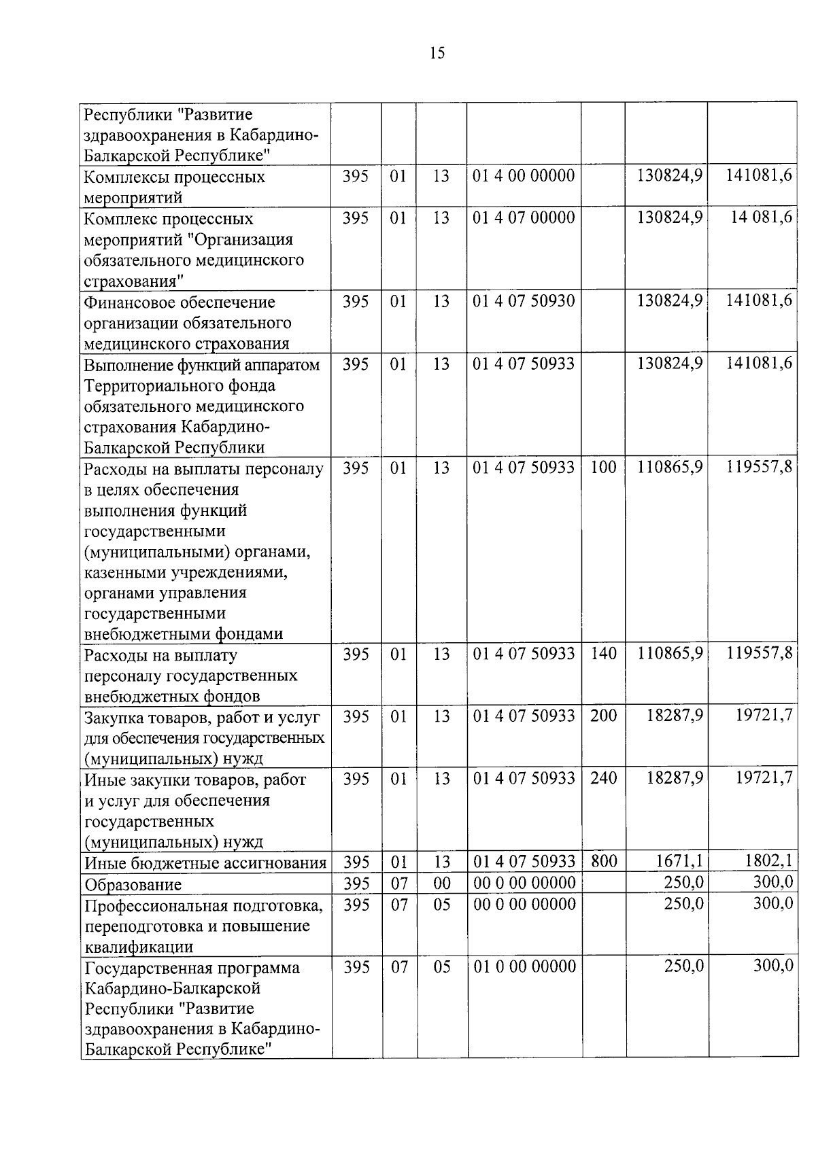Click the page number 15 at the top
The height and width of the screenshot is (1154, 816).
pyautogui.click(x=437, y=53)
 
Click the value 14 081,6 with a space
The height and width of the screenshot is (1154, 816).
pyautogui.click(x=761, y=218)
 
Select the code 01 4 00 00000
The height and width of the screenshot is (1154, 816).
pyautogui.click(x=524, y=176)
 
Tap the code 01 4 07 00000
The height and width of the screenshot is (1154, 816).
pyautogui.click(x=524, y=218)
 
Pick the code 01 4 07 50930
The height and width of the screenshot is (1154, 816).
pyautogui.click(x=524, y=301)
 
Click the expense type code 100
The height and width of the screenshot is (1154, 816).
pyautogui.click(x=603, y=468)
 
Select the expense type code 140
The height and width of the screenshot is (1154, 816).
pyautogui.click(x=603, y=654)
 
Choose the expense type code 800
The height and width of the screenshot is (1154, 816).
pyautogui.click(x=603, y=862)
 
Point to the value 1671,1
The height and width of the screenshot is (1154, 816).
pyautogui.click(x=679, y=862)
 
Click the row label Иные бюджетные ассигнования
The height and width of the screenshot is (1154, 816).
pyautogui.click(x=205, y=863)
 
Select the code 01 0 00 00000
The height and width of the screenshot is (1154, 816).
pyautogui.click(x=524, y=966)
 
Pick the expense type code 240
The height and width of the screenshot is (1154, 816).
pyautogui.click(x=603, y=778)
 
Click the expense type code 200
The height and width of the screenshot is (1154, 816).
pyautogui.click(x=603, y=716)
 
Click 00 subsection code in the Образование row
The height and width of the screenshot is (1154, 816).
pyautogui.click(x=441, y=884)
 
